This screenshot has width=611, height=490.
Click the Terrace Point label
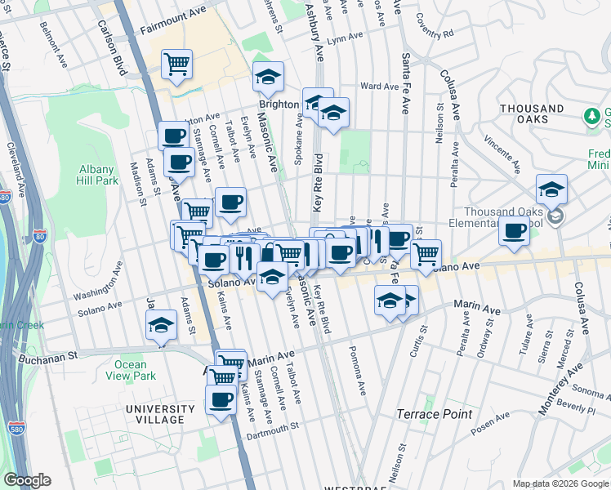coord(435,414)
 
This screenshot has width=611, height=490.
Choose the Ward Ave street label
coord(380,86)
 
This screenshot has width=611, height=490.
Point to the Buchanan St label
coord(49,356)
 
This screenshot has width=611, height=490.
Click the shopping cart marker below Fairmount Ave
coord(176,64)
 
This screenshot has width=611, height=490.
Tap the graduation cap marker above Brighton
coord(268,76)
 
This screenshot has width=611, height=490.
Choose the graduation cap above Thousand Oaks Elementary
coord(552,189)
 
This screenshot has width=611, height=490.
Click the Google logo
coord(27,481)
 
